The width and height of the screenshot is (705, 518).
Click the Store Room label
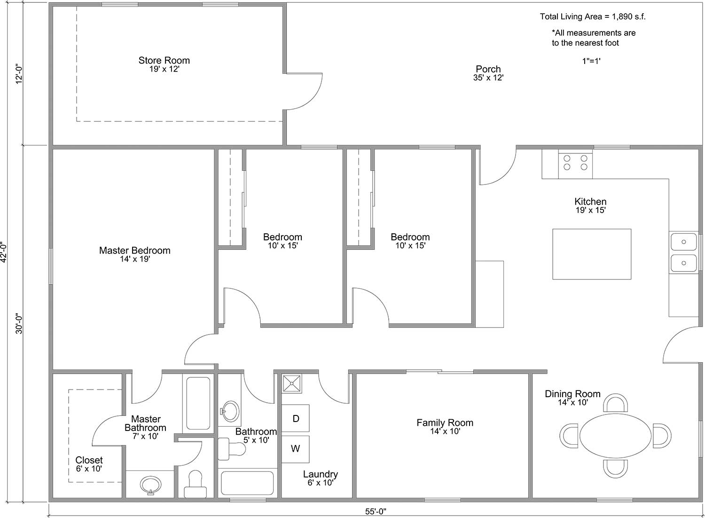pyautogui.click(x=164, y=64)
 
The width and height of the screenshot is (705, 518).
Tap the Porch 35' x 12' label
pyautogui.click(x=488, y=73)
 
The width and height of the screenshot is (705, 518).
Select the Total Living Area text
pyautogui.click(x=593, y=16)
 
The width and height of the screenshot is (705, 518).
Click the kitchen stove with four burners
pyautogui.click(x=575, y=164)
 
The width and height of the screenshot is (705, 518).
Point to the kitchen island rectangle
pyautogui.click(x=592, y=254)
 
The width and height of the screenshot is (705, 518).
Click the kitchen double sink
pyautogui.click(x=683, y=252)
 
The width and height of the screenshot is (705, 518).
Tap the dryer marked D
pyautogui.click(x=295, y=418)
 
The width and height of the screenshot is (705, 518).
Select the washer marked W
pyautogui.click(x=295, y=449)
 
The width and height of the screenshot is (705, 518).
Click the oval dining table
pyautogui.click(x=615, y=436)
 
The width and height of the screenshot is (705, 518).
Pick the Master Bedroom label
pyautogui.click(x=135, y=254)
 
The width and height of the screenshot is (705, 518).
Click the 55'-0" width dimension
pyautogui.click(x=376, y=511)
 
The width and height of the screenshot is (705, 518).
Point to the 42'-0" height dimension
pyautogui.click(x=4, y=252)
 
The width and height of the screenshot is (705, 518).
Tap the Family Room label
pyautogui.click(x=445, y=427)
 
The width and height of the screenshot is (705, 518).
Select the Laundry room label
pyautogui.click(x=321, y=478)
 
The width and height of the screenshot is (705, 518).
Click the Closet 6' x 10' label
pyautogui.click(x=89, y=464)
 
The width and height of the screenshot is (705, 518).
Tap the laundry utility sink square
pyautogui.click(x=292, y=383)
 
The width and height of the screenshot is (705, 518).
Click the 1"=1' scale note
pyautogui.click(x=591, y=61)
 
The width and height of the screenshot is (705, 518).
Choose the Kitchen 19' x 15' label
pyautogui.click(x=590, y=206)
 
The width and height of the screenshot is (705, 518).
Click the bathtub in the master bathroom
pyautogui.click(x=198, y=403)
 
